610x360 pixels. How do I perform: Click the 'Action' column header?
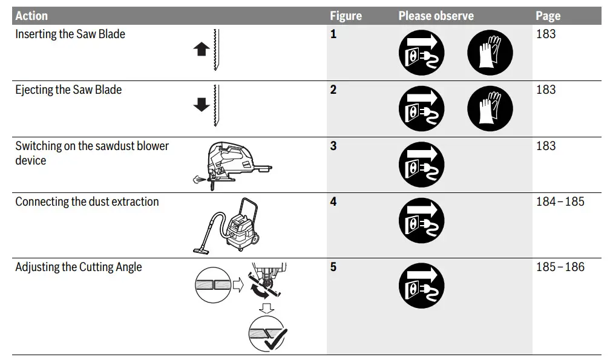pyautogui.click(x=31, y=16)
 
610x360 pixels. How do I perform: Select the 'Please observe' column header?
pyautogui.click(x=436, y=16)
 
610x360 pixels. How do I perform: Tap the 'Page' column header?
pyautogui.click(x=548, y=16)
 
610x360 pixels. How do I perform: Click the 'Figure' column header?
pyautogui.click(x=346, y=16)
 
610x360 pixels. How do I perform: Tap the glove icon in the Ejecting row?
pyautogui.click(x=490, y=108)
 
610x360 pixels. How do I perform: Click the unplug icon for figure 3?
pyautogui.click(x=421, y=165)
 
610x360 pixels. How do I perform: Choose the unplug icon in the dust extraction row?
pyautogui.click(x=421, y=220)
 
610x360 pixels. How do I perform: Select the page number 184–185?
pyautogui.click(x=560, y=201)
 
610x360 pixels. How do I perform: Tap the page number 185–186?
pyautogui.click(x=560, y=266)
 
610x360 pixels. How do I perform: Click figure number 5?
pyautogui.click(x=333, y=266)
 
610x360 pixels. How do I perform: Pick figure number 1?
pyautogui.click(x=333, y=34)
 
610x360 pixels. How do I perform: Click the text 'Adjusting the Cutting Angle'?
pyautogui.click(x=78, y=266)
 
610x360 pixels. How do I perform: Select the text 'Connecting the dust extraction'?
pyautogui.click(x=87, y=201)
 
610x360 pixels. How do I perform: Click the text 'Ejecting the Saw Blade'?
pyautogui.click(x=68, y=90)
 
